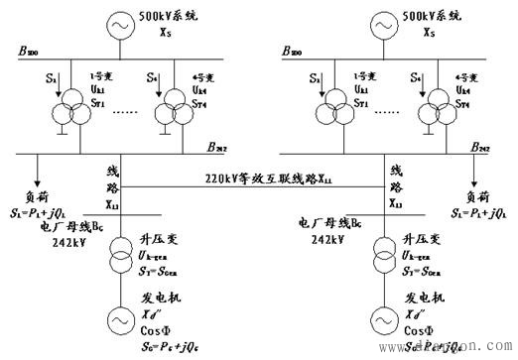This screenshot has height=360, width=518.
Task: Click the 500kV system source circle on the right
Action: tap(383, 23)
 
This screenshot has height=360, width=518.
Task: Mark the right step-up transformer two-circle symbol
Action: tap(383, 256)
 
